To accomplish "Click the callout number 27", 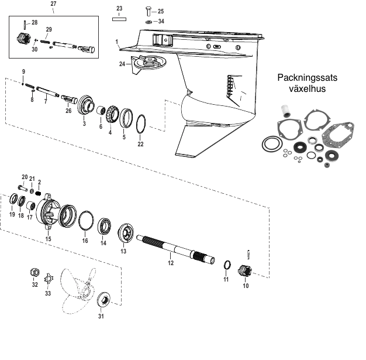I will pos(54,4).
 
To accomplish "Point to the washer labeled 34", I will pos(147,22).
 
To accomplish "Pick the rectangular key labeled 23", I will pos(119,18).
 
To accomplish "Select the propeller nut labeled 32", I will pos(34,273).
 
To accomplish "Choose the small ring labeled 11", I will pos(227,266).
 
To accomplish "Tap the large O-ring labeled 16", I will pos(85,221).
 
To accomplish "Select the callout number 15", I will pos(49,239).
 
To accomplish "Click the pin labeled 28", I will pos(25,25).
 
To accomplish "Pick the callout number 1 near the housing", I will pos(118,42).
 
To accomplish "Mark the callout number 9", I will pos(23,71).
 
